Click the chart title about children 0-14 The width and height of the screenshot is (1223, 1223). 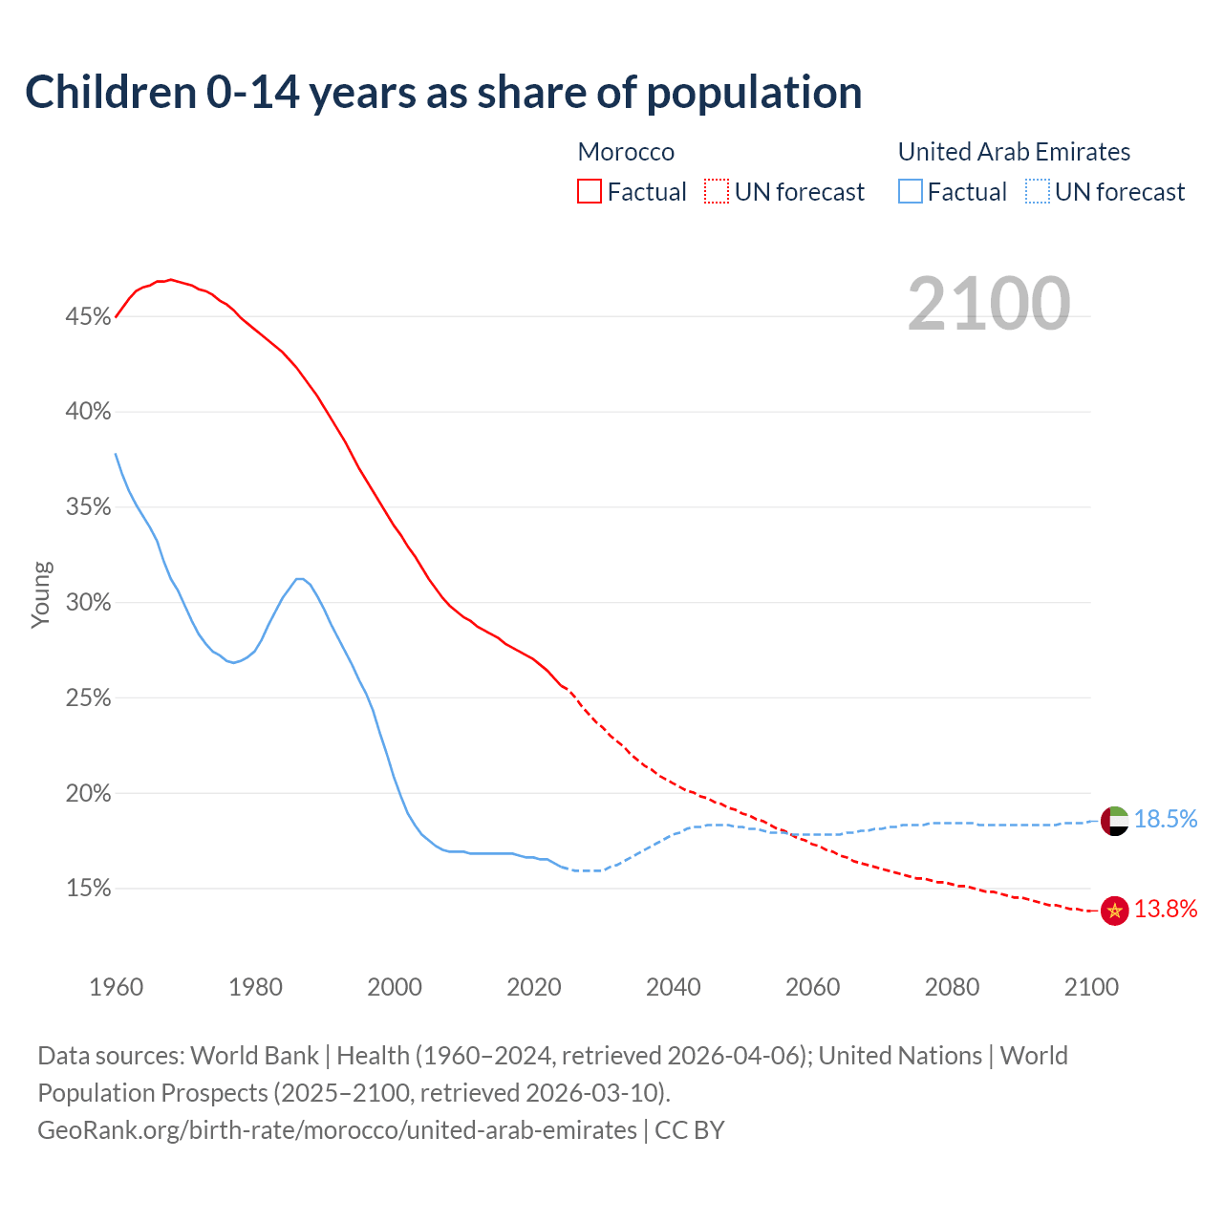point(443,93)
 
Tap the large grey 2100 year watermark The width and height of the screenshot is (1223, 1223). point(989,304)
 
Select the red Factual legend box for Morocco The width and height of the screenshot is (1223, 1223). point(590,192)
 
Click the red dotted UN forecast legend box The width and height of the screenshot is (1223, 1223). point(717,192)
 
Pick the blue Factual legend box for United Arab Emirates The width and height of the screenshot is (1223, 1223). point(911,192)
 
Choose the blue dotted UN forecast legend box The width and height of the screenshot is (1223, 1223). point(1038,192)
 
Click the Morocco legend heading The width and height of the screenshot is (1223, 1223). point(626,152)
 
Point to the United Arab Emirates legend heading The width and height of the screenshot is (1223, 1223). point(1014,152)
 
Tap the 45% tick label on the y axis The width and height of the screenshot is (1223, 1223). point(88,316)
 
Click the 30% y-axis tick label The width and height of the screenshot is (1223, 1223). point(88,603)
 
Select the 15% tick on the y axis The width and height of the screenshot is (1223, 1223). point(88,889)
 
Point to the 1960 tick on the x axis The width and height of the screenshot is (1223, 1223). point(116,987)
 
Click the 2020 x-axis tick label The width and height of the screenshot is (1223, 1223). point(534,987)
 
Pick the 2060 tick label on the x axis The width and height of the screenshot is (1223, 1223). point(812,987)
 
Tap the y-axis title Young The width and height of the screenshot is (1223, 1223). point(41,594)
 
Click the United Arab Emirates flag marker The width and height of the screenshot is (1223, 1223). point(1114,820)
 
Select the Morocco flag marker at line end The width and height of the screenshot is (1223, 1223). point(1114,911)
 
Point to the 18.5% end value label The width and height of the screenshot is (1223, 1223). point(1166,819)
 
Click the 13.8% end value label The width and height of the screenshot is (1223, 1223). point(1166,909)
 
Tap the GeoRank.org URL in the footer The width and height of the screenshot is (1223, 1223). point(337,1129)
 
